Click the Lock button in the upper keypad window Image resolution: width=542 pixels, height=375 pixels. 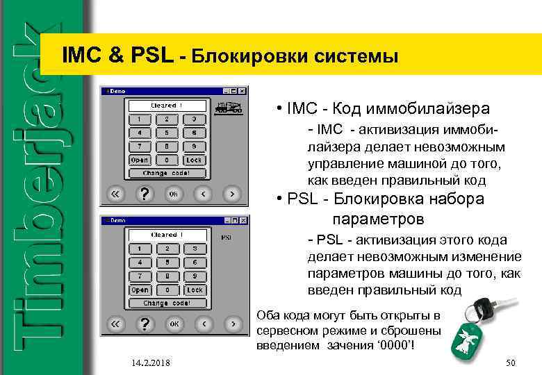(194, 160)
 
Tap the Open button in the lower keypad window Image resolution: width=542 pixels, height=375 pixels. (140, 290)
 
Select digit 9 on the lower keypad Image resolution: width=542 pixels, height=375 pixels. (194, 276)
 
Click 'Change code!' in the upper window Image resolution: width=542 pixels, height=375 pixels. (167, 173)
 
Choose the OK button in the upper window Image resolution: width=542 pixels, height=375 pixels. (174, 194)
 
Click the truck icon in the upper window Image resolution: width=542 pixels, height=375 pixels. (228, 108)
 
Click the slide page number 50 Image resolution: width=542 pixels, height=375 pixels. (511, 364)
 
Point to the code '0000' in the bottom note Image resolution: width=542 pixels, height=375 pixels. (399, 345)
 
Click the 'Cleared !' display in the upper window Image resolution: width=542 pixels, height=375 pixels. (167, 106)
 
